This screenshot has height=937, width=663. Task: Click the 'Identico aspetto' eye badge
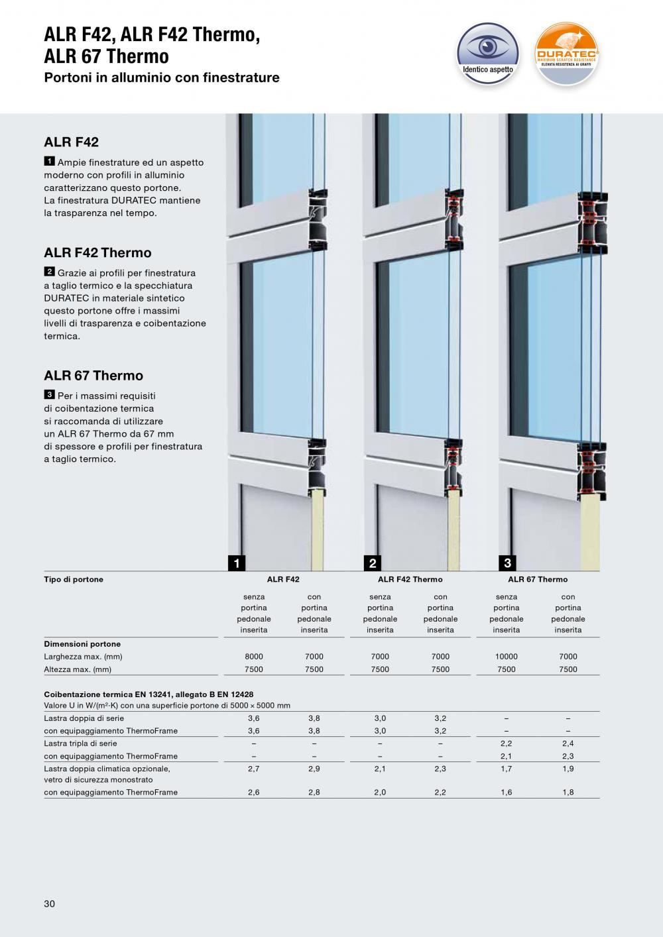tap(488, 52)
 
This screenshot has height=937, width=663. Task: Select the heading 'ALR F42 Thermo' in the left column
tap(97, 252)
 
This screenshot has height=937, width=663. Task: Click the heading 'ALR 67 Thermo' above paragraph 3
tap(93, 376)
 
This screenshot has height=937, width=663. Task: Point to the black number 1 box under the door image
tap(236, 563)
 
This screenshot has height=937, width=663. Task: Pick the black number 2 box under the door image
tap(373, 563)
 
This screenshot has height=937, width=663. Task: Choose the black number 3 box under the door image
tap(507, 563)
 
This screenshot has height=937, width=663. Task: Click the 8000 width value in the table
tap(254, 657)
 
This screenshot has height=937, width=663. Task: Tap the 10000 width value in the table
tap(507, 657)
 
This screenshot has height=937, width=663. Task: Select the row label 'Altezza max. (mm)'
tap(78, 669)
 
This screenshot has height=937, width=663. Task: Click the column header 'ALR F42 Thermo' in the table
tap(410, 579)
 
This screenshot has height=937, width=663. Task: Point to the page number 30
tap(50, 904)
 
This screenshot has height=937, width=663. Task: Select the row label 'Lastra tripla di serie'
tap(80, 744)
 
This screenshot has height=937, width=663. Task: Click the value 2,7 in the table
tap(254, 769)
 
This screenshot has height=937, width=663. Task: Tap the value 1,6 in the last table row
tap(507, 792)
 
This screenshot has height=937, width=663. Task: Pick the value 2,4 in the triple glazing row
tap(568, 744)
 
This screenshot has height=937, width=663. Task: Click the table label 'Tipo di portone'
tap(74, 579)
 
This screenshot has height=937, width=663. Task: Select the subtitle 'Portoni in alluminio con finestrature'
tap(162, 78)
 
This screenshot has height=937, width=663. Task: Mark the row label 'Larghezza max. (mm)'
tap(83, 657)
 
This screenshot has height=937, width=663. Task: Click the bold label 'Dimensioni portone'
tap(82, 644)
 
